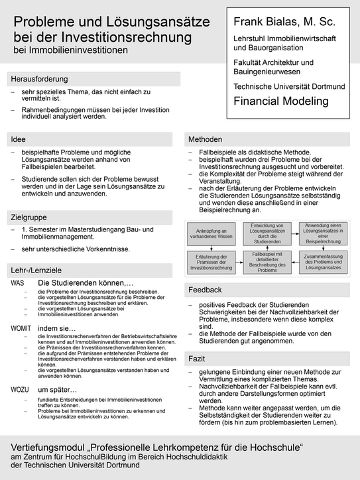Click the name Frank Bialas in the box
[262, 23]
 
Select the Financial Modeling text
[281, 101]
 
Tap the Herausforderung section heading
[39, 79]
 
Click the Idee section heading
[19, 139]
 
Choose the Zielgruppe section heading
[30, 217]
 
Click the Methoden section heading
[206, 139]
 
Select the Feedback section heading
[206, 290]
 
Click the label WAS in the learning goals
[17, 283]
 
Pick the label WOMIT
[21, 328]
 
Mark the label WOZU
[20, 390]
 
